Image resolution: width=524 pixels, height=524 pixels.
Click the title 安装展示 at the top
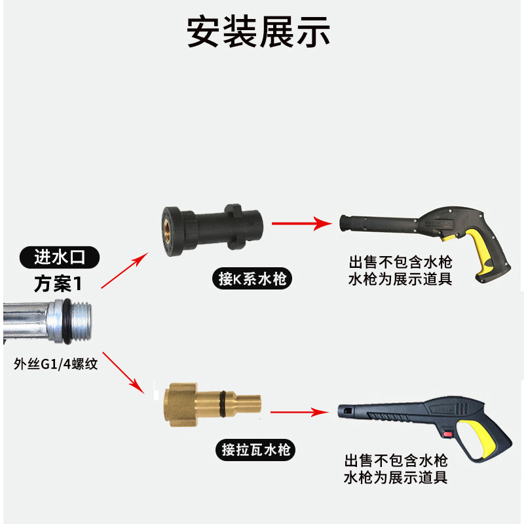pyautogui.click(x=259, y=31)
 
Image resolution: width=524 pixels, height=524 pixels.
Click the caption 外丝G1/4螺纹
pyautogui.click(x=56, y=364)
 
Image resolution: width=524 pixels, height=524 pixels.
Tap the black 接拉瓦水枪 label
pyautogui.click(x=254, y=450)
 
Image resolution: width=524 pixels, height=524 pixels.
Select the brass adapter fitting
pyautogui.click(x=210, y=399)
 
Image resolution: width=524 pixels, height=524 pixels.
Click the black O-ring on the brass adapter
pyautogui.click(x=227, y=400)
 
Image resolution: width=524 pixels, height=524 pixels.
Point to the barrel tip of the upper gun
pyautogui.click(x=344, y=223)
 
